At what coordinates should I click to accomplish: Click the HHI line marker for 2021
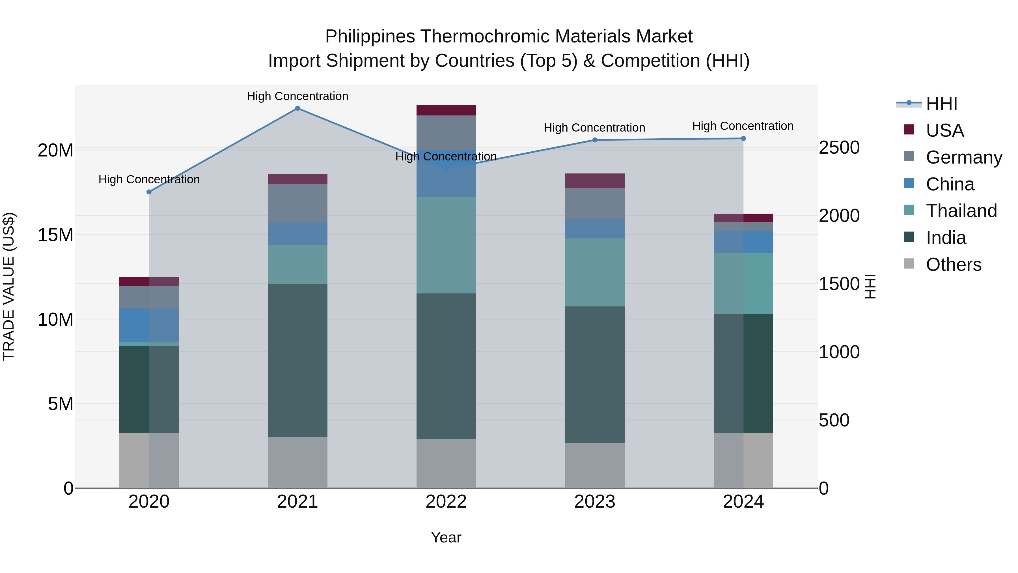[x=297, y=108]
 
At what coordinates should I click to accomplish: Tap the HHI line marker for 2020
[x=149, y=192]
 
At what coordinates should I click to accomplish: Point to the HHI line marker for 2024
[x=743, y=138]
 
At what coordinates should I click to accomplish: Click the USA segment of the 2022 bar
[x=446, y=110]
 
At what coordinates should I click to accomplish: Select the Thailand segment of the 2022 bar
[x=446, y=245]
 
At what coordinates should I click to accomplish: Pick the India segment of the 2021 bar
[x=297, y=361]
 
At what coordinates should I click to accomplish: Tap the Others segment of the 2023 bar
[x=595, y=465]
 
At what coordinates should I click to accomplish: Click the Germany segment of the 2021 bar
[x=297, y=203]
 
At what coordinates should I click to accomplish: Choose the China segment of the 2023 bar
[x=595, y=229]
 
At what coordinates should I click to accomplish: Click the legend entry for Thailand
[x=961, y=211]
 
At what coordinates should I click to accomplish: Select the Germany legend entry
[x=963, y=157]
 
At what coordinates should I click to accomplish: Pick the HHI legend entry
[x=941, y=104]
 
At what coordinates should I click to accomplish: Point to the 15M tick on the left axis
[x=55, y=235]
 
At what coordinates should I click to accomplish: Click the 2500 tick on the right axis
[x=839, y=148]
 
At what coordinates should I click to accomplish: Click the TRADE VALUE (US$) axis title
[x=9, y=286]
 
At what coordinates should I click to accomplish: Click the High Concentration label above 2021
[x=297, y=96]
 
